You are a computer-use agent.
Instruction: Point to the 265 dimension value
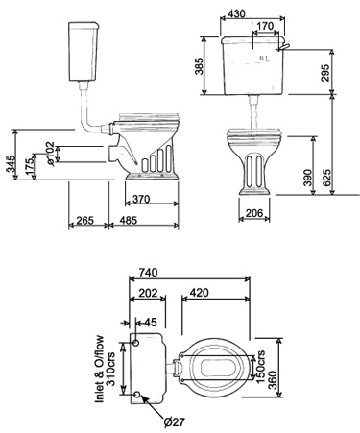tap(85, 223)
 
